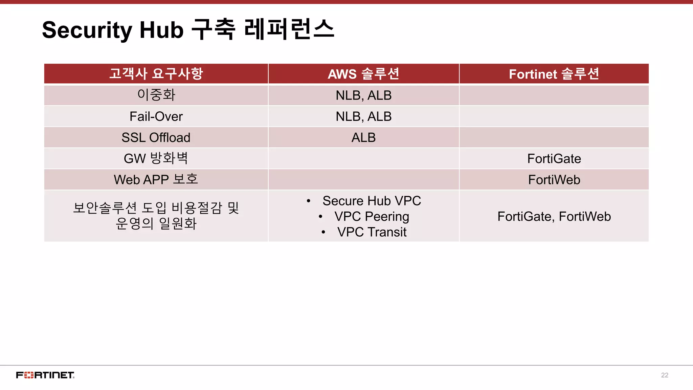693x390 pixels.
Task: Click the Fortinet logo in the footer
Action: coord(45,375)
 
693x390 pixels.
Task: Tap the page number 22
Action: coord(665,375)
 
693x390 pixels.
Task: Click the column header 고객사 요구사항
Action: coord(156,74)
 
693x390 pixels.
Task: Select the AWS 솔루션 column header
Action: coord(363,74)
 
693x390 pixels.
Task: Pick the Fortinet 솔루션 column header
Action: coord(554,74)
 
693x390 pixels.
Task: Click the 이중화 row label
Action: coord(156,95)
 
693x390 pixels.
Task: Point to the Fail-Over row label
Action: coord(156,116)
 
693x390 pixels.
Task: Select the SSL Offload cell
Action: coord(156,137)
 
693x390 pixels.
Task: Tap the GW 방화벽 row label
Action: coord(156,158)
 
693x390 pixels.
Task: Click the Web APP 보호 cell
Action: coord(156,179)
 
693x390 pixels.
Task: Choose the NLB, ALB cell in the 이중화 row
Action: coord(363,95)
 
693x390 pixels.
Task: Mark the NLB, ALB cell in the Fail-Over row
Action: coord(363,116)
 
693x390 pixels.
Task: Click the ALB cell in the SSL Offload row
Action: coord(363,137)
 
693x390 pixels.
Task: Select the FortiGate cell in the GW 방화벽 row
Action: coord(554,158)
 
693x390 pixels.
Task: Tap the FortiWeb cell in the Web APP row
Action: coord(554,179)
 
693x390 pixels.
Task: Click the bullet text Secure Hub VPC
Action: coord(372,201)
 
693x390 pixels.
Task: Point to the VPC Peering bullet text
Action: coord(372,216)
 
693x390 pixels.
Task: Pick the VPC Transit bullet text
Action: coord(372,232)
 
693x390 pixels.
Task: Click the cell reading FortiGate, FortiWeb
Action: coord(554,216)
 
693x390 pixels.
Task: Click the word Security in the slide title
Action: coord(87,30)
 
